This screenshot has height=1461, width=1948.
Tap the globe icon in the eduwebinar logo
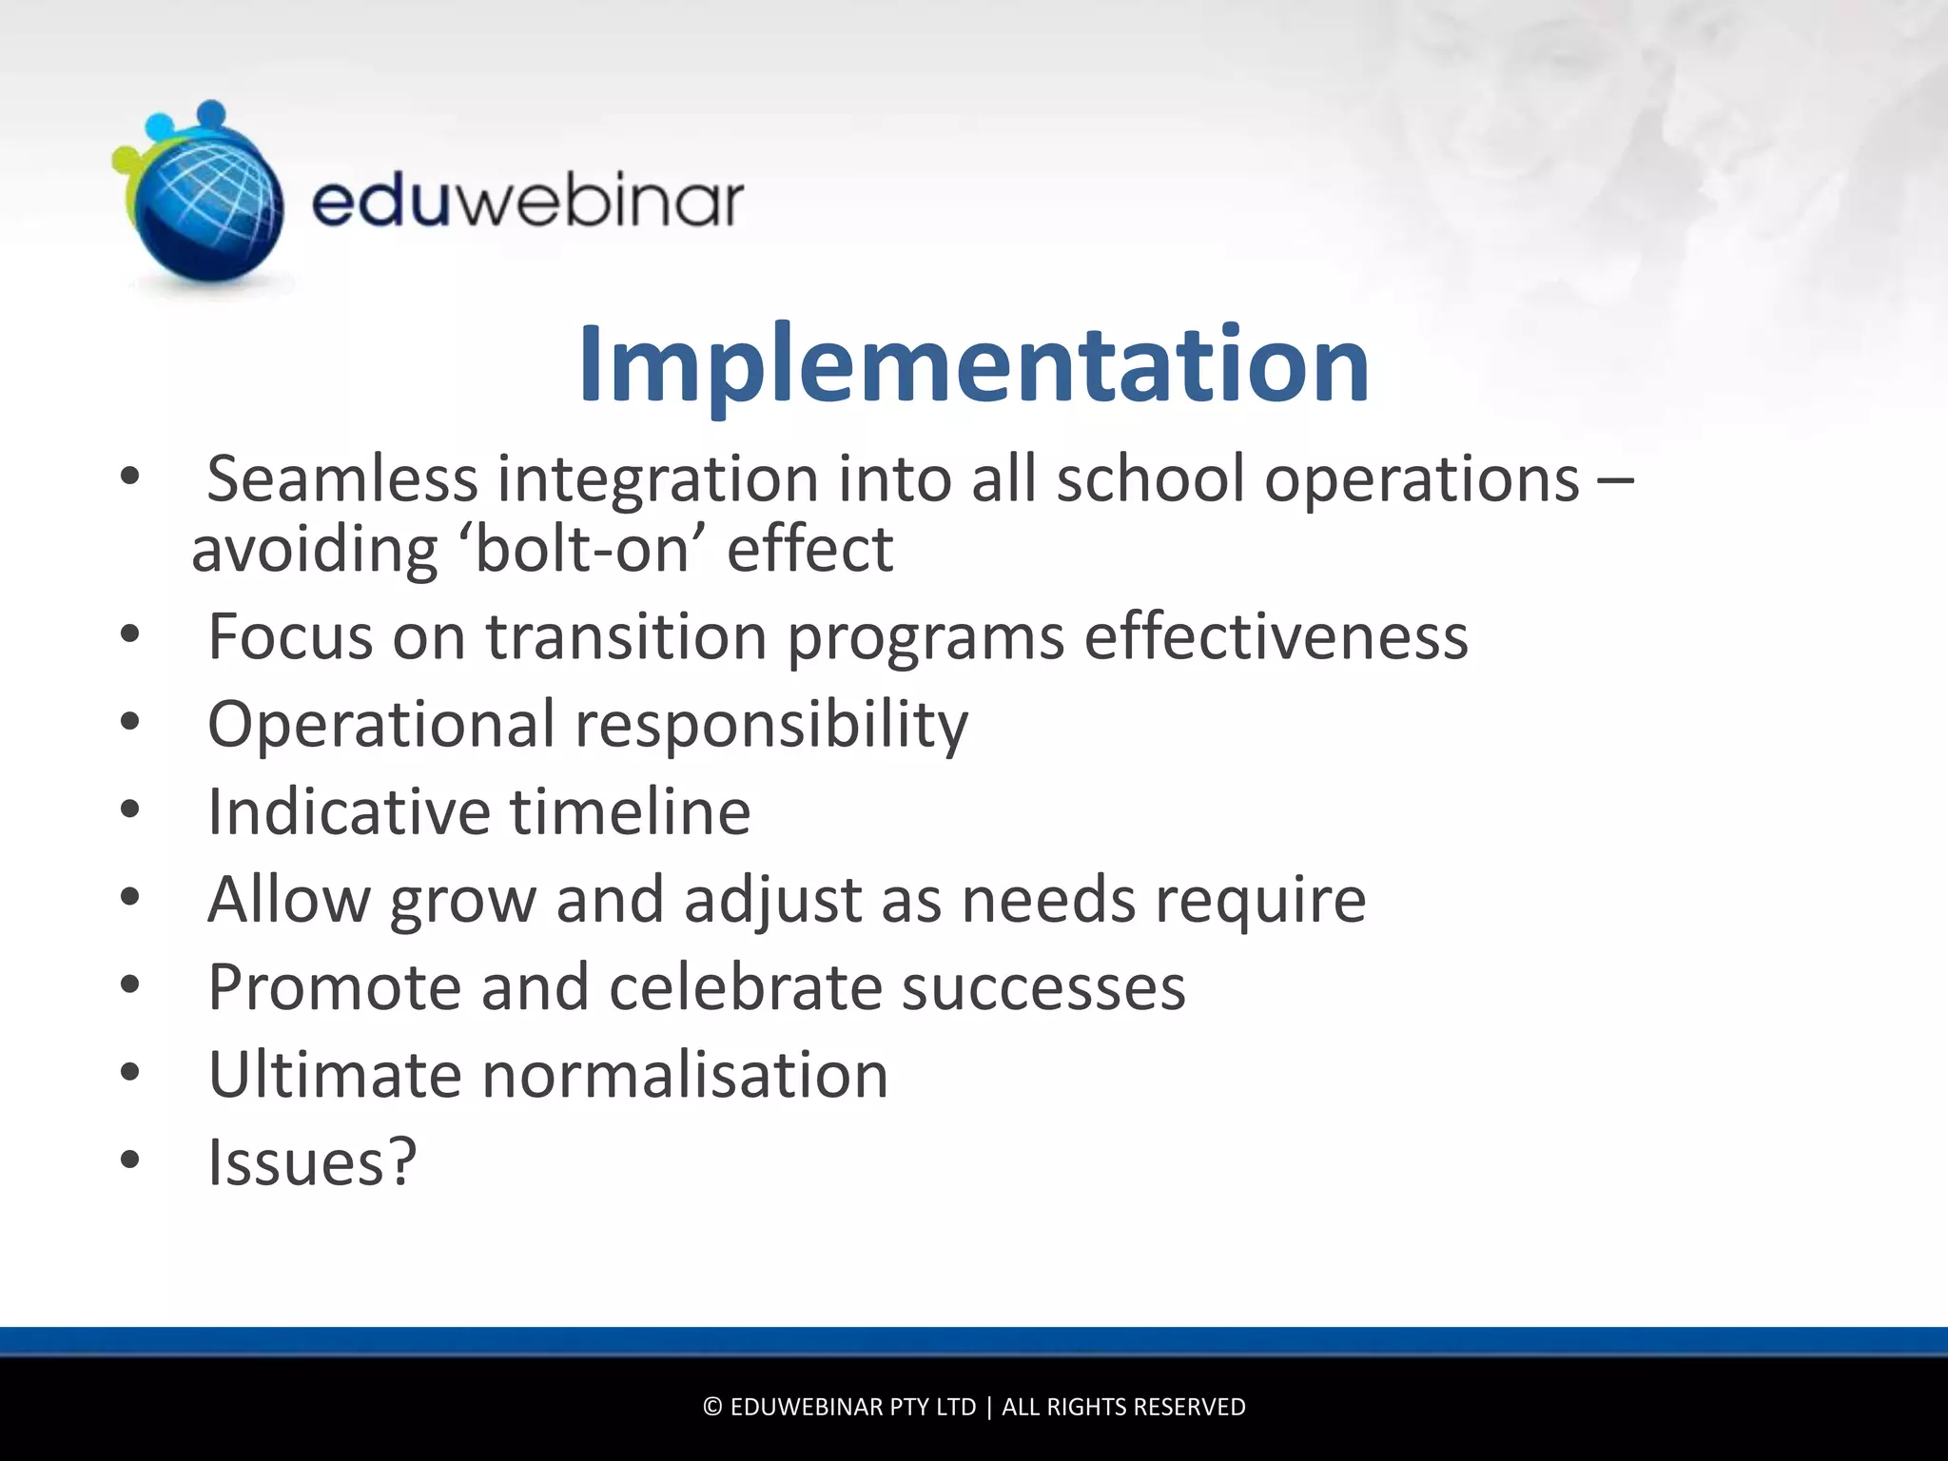(205, 205)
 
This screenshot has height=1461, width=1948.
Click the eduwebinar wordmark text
(528, 202)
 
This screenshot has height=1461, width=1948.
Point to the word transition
(626, 636)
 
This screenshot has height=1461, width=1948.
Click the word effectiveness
(1276, 636)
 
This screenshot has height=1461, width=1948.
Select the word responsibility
(771, 725)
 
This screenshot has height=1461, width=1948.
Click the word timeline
(631, 812)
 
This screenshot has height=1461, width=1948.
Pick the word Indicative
(348, 812)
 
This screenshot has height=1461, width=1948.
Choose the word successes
(1043, 987)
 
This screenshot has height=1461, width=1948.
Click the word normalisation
(685, 1075)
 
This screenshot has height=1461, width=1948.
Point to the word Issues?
(312, 1162)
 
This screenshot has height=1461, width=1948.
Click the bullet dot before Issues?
(130, 1159)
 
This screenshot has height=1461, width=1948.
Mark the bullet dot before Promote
(130, 984)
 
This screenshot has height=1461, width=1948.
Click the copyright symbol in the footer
(712, 1407)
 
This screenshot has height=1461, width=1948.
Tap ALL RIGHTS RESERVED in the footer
(1123, 1407)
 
